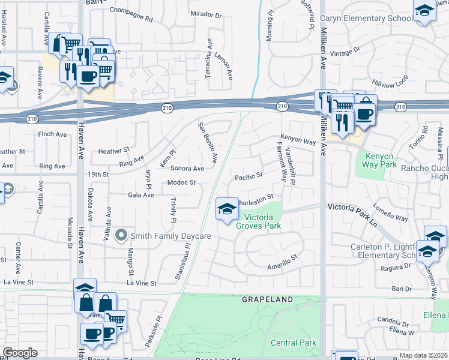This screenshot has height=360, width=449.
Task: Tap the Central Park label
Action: pyautogui.click(x=293, y=343)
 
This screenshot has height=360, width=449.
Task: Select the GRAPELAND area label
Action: pyautogui.click(x=268, y=299)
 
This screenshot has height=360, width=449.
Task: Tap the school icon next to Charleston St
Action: pyautogui.click(x=226, y=209)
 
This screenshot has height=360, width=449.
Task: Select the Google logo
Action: pyautogui.click(x=20, y=353)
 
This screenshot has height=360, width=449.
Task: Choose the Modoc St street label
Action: pyautogui.click(x=182, y=182)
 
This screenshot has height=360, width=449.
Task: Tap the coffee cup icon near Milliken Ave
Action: pyautogui.click(x=364, y=113)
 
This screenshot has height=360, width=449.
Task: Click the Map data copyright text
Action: pyautogui.click(x=423, y=355)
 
